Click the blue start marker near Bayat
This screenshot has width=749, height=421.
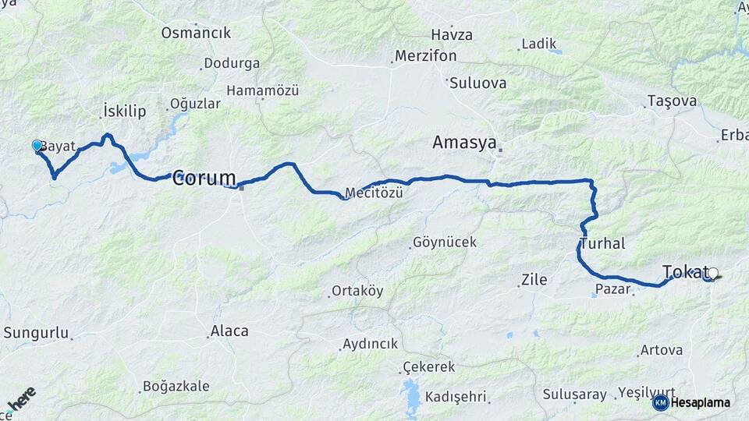(37, 146)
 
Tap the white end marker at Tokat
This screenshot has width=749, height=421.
(712, 274)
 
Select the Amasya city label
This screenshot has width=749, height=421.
(465, 143)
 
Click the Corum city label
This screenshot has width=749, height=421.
(204, 178)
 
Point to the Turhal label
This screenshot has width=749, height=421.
(602, 244)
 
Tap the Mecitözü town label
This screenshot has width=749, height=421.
(374, 193)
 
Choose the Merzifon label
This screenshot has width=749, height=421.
(426, 56)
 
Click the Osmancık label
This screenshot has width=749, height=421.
(197, 33)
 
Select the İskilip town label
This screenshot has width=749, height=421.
(124, 111)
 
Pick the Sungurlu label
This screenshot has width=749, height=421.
(37, 333)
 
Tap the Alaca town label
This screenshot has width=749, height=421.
(229, 331)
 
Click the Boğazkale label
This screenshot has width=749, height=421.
(176, 386)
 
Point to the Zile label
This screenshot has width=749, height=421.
(534, 279)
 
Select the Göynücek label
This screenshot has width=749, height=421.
(445, 242)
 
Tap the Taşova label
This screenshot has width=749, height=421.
(672, 101)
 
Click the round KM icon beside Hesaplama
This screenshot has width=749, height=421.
(660, 402)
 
